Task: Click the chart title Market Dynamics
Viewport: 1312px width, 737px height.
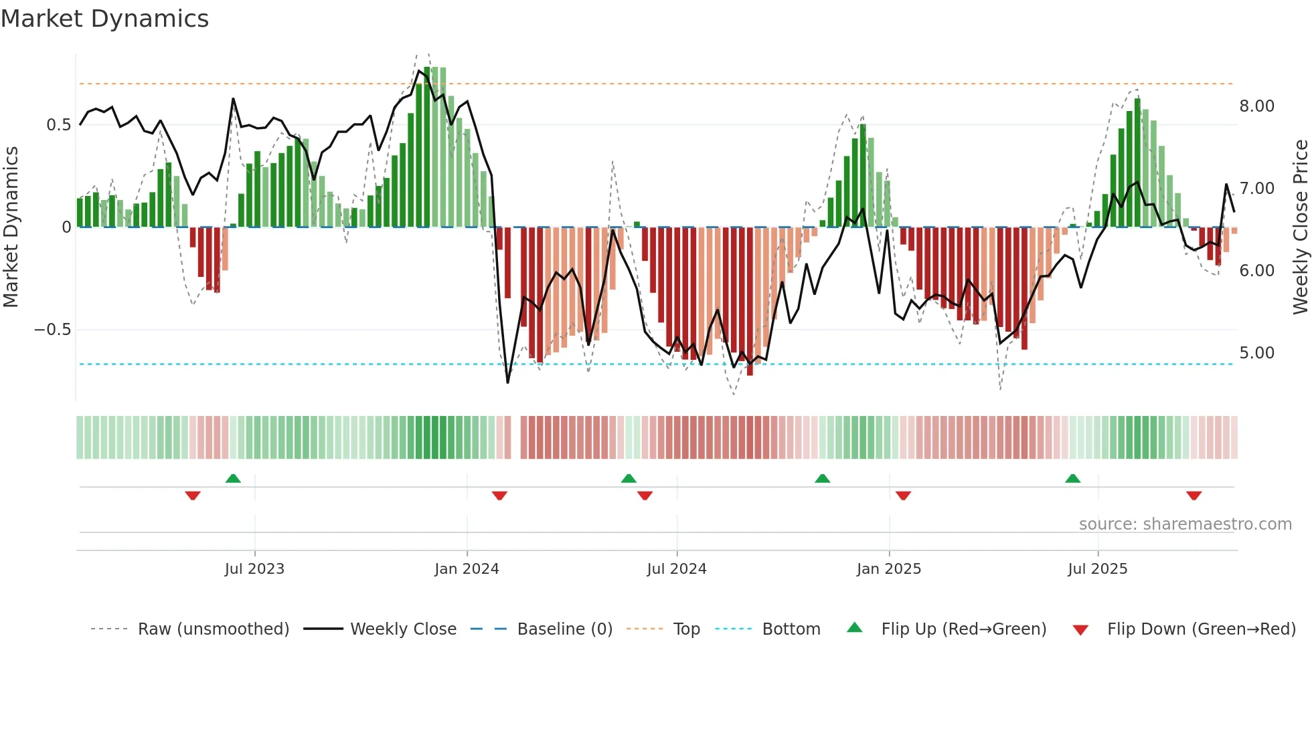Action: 104,19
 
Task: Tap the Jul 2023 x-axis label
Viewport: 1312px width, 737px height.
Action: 254,569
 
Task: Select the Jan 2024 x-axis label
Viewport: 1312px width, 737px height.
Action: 467,569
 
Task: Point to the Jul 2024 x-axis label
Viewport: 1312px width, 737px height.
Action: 676,569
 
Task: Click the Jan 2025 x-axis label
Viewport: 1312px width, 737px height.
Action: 888,569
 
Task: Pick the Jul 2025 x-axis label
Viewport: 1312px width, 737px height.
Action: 1097,569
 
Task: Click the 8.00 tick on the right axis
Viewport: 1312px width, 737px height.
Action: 1256,106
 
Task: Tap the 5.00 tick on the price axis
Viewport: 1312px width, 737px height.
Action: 1256,353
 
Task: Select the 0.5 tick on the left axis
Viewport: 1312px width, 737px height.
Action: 58,125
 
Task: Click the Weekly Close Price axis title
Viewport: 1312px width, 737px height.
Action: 1300,227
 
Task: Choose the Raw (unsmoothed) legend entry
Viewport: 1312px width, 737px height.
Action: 213,629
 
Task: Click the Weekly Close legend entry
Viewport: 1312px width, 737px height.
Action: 403,629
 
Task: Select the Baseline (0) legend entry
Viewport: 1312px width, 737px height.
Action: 564,629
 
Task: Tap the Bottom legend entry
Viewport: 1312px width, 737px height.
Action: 791,629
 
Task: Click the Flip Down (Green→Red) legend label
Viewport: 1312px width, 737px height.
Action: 1201,629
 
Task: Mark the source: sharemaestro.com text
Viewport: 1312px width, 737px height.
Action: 1185,524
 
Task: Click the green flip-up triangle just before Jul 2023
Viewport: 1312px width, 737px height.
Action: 233,478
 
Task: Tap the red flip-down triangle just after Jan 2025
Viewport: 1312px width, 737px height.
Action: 903,496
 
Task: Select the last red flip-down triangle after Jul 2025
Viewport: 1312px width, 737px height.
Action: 1194,496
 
